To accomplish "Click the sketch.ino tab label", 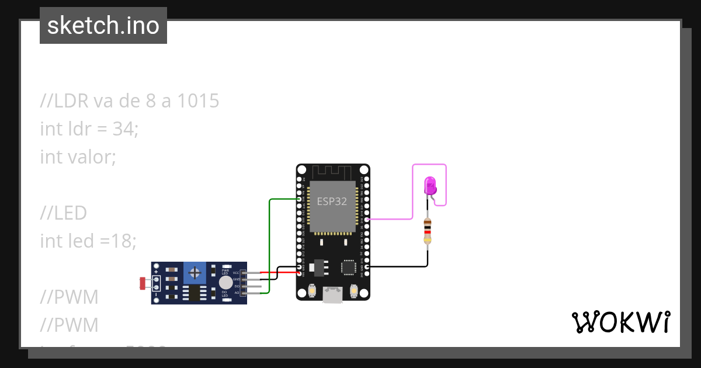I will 103,26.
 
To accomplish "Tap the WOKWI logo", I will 620,322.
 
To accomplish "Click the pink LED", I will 430,186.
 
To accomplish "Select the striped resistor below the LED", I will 428,231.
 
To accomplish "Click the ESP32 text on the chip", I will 332,202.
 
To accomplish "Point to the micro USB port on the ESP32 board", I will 333,295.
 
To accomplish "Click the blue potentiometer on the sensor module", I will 194,272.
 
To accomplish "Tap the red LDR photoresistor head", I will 143,283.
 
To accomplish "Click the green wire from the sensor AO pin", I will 269,245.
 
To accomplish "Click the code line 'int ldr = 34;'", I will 89,129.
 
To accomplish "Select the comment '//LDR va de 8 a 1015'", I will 130,101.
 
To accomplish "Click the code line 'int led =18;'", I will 88,240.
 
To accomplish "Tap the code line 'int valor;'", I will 78,157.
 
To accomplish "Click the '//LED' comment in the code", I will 63,213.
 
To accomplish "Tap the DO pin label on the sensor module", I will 236,286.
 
